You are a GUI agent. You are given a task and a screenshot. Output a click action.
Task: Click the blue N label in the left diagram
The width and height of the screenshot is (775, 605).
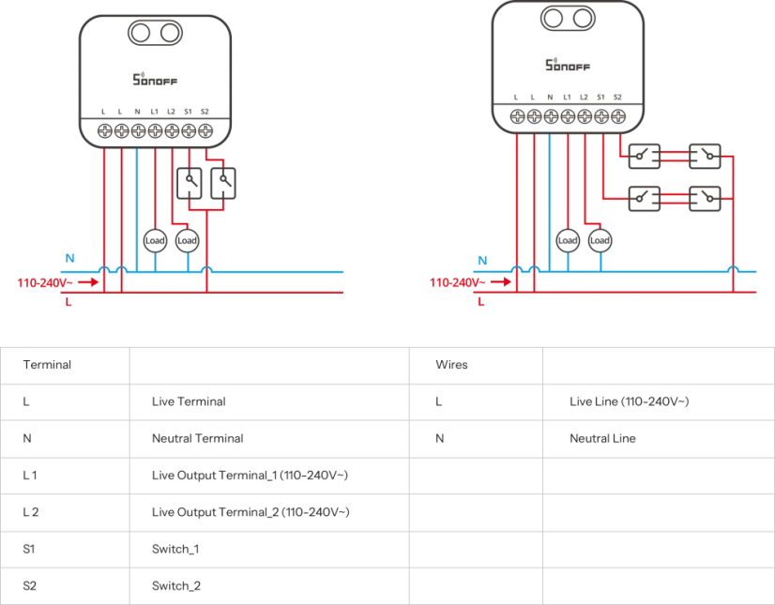pos(67,255)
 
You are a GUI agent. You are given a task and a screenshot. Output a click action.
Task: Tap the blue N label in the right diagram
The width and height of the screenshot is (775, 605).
pos(479,260)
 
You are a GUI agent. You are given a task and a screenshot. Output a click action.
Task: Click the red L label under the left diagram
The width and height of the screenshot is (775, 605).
pos(67,302)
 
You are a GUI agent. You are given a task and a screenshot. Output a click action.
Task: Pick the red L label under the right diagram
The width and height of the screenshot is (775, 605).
pos(479,302)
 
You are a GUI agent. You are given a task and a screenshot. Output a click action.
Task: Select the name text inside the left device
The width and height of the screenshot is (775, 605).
pos(154,81)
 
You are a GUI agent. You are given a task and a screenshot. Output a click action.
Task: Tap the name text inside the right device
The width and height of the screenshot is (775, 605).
pos(567,66)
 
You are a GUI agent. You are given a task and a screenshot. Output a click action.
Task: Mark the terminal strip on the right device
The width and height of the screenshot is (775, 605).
pos(567,114)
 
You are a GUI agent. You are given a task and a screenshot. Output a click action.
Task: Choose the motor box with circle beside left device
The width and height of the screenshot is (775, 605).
pos(208,183)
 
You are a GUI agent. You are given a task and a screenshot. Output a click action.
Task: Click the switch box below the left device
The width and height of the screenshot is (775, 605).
pos(169,240)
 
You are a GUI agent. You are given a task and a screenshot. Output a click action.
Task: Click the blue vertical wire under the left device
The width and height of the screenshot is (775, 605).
pos(139,206)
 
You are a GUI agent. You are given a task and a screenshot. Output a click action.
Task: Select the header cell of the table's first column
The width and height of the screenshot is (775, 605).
pos(67,365)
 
